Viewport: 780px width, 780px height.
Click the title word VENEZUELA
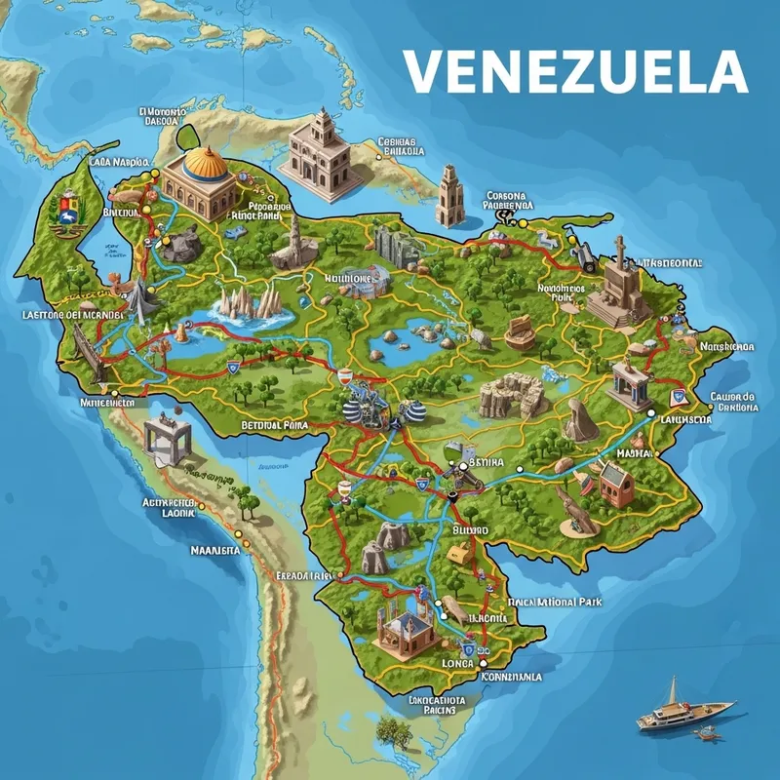[574, 70]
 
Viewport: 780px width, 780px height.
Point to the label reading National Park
[555, 603]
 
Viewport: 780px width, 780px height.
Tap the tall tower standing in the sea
[448, 195]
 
